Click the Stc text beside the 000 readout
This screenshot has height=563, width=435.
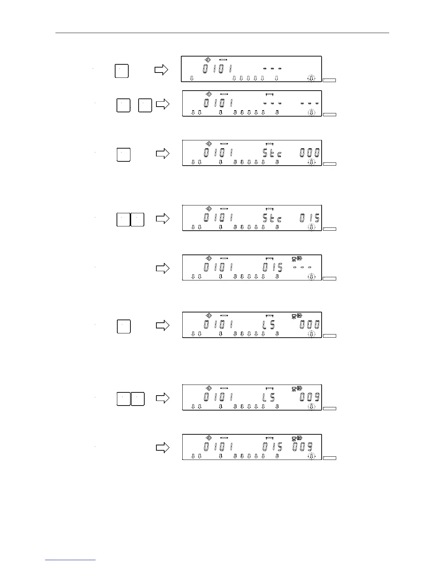tap(272, 153)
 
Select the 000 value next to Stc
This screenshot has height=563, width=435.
tap(310, 153)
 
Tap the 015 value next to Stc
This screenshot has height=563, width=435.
tap(310, 218)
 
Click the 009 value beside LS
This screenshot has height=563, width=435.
tap(310, 397)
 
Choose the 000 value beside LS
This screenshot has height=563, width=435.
tap(310, 325)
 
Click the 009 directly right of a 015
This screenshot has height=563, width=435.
tap(302, 447)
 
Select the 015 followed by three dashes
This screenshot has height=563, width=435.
tap(272, 267)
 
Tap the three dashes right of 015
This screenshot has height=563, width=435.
tap(302, 267)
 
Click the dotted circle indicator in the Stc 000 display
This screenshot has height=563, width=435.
tap(311, 162)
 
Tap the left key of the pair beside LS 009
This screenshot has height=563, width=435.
tap(123, 399)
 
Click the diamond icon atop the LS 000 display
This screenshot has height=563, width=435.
tap(209, 315)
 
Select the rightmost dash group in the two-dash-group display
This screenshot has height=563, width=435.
tap(309, 103)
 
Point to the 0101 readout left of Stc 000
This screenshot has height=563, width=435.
tap(218, 153)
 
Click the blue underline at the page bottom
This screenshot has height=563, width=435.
tap(70, 561)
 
